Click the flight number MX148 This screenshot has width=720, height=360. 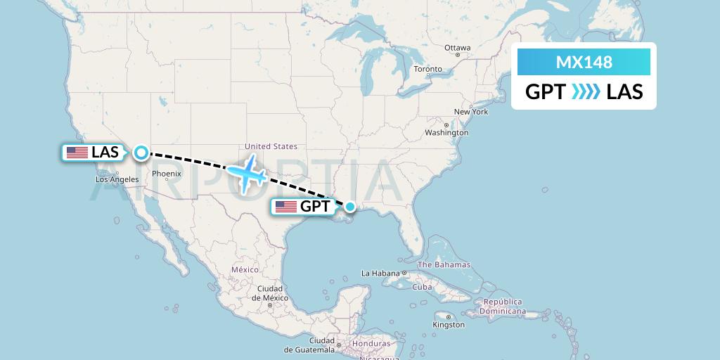click(x=584, y=62)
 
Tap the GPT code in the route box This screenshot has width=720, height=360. click(x=546, y=92)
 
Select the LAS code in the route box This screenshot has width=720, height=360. click(x=624, y=92)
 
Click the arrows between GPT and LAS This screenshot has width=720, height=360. click(x=586, y=92)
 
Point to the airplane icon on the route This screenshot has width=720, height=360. click(x=247, y=172)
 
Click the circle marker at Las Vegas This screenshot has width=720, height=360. click(x=141, y=152)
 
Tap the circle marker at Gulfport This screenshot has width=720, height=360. click(x=349, y=206)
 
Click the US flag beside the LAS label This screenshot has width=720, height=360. click(x=76, y=152)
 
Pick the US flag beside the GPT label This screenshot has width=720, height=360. click(x=285, y=206)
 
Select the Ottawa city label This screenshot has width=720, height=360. click(x=457, y=48)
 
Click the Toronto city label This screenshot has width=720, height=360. click(x=427, y=69)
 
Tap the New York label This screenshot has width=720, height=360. click(x=470, y=112)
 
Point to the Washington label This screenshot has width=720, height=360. click(x=446, y=132)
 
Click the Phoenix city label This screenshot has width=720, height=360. click(x=167, y=174)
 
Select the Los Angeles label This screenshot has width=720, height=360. click(x=117, y=179)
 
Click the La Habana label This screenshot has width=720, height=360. click(x=380, y=273)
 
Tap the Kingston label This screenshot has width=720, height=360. click(x=448, y=325)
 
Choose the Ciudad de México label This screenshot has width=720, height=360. click(x=269, y=293)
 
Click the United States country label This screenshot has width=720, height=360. click(x=271, y=146)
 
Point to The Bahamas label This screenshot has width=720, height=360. click(x=444, y=265)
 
